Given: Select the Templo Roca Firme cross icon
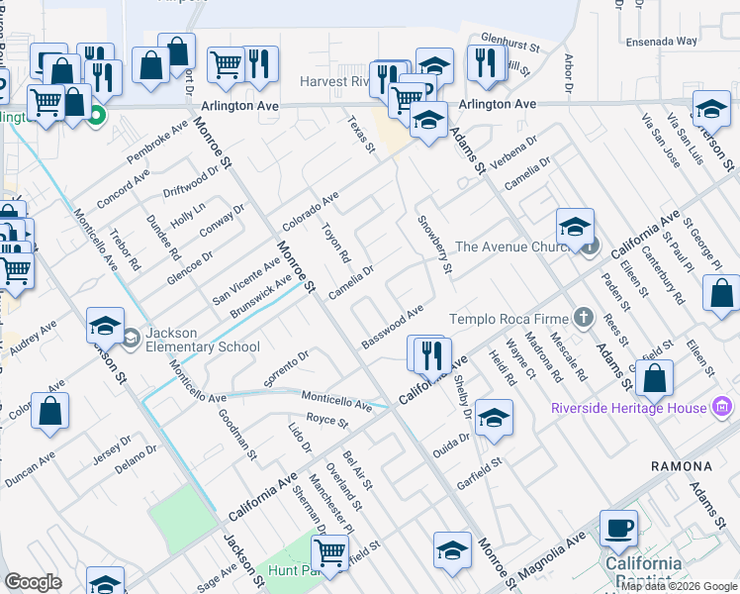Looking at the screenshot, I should pos(584,318).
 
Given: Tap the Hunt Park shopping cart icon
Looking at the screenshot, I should pos(328,552).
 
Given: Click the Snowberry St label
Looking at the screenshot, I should pos(435,244).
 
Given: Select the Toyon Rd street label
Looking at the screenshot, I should pos(337,243).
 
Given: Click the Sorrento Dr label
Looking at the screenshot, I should pos(287,366).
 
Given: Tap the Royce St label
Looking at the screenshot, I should pos(328,422).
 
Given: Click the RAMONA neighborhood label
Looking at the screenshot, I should pos(682,465).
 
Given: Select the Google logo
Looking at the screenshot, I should pos(33,582).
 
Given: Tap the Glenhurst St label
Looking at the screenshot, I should pos(509,46).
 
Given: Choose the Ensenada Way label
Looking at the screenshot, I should pos(662,43).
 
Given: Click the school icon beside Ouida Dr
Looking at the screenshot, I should pos(493,419).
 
